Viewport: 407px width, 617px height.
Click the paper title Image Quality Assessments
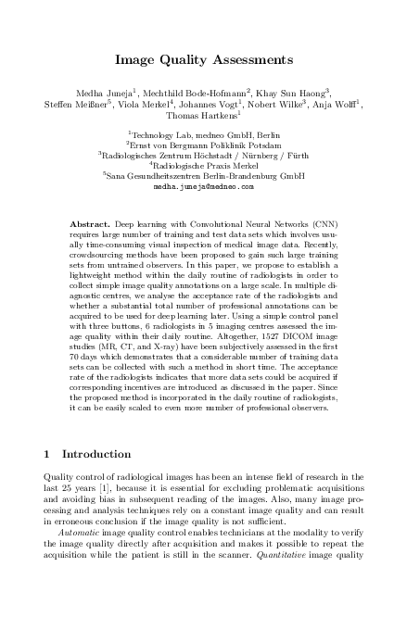click(x=203, y=60)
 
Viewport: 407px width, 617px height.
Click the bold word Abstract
click(x=91, y=225)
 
